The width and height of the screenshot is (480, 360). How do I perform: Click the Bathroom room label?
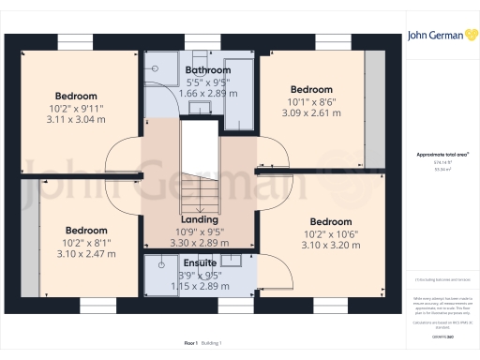point(208,70)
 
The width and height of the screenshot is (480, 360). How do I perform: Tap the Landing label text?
point(199,219)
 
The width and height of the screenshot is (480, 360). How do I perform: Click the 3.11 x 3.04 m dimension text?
point(76,122)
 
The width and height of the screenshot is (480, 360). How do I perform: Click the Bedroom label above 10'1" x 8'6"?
point(311,90)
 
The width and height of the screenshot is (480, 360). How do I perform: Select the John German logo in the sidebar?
point(440,36)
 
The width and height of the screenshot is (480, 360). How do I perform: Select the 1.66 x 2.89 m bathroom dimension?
point(207,95)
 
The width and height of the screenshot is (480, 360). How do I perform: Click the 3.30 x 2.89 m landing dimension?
point(199,243)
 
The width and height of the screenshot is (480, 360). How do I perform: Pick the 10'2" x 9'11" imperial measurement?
point(76,109)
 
